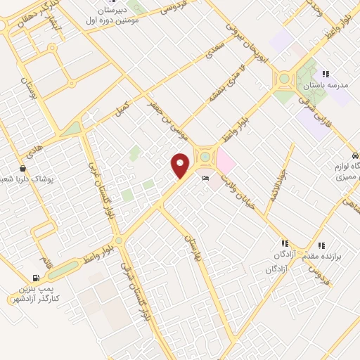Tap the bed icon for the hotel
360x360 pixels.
pyautogui.click(x=205, y=178)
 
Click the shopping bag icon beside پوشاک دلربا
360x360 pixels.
pyautogui.click(x=22, y=169)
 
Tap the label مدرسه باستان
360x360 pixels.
pyautogui.click(x=325, y=84)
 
